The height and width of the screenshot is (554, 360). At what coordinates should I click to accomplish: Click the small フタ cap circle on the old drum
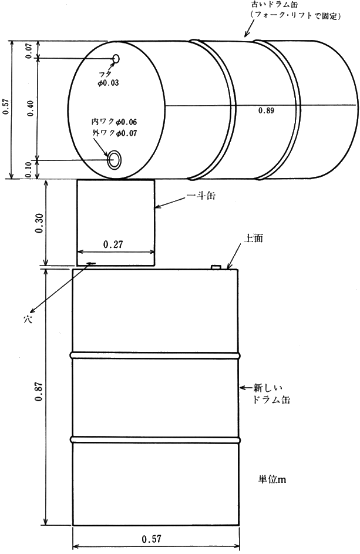[x=116, y=59]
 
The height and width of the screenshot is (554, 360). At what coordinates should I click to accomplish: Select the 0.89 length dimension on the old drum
[x=266, y=110]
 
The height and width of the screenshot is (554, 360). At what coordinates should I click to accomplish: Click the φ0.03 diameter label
[x=108, y=83]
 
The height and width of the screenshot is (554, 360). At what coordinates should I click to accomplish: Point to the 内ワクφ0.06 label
[x=114, y=122]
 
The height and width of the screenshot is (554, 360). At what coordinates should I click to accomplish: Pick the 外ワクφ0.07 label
[x=114, y=133]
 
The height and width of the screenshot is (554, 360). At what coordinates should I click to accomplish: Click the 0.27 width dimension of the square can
[x=113, y=244]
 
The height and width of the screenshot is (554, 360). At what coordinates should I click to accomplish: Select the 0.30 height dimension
[x=39, y=223]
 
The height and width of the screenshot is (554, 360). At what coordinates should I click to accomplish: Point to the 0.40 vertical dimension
[x=30, y=109]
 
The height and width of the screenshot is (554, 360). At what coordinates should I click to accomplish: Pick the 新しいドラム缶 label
[x=271, y=394]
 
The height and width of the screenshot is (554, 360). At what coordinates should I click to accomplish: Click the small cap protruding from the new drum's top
[x=216, y=267]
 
